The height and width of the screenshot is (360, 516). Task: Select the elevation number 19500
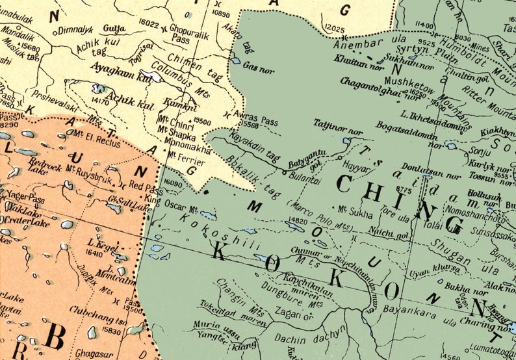click(202, 122)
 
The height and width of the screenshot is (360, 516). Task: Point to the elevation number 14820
click(297, 222)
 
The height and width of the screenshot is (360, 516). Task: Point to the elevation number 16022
click(149, 24)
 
